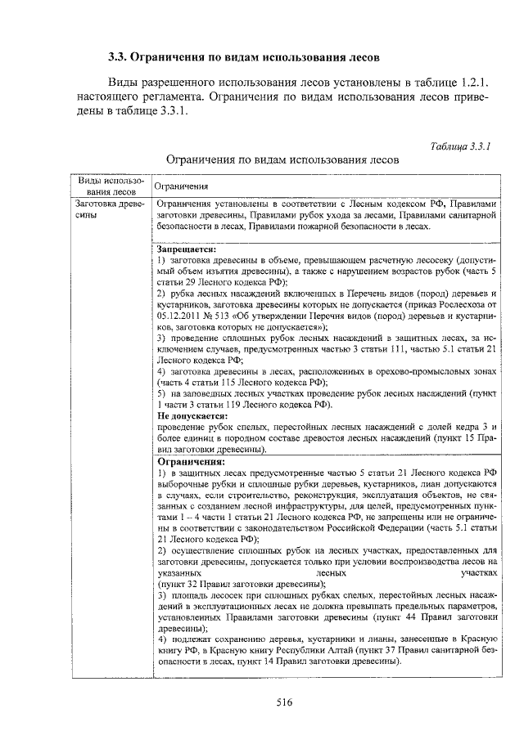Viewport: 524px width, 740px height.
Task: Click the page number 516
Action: coord(284,702)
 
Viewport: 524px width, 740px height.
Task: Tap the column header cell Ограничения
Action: coord(182,186)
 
